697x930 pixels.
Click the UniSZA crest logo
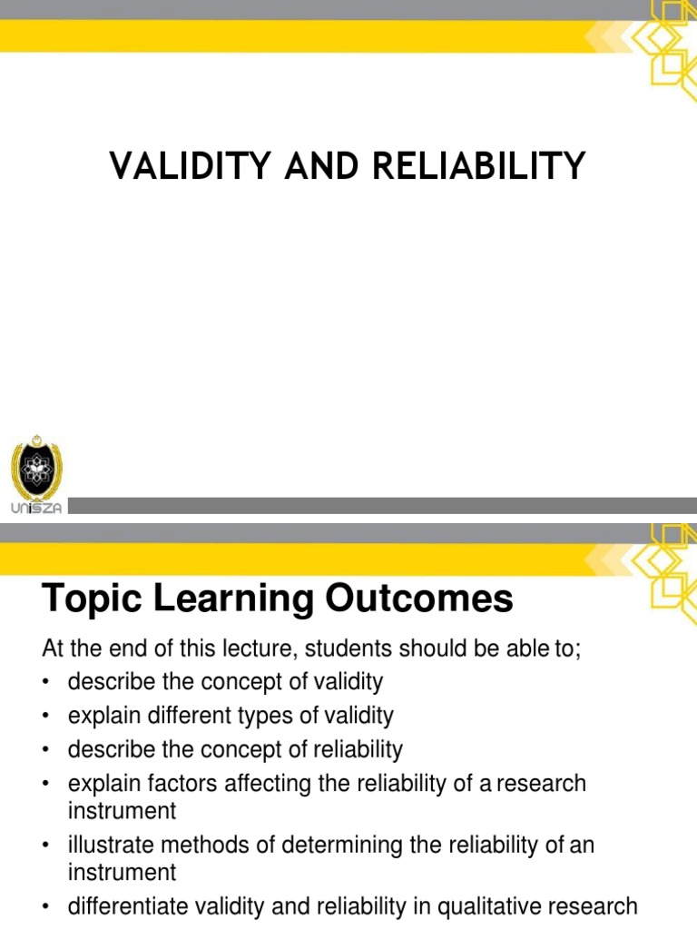pyautogui.click(x=36, y=469)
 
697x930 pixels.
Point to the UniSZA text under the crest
pyautogui.click(x=36, y=509)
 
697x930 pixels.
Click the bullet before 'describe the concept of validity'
pyautogui.click(x=46, y=683)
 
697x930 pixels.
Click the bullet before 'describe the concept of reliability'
pyautogui.click(x=46, y=751)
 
